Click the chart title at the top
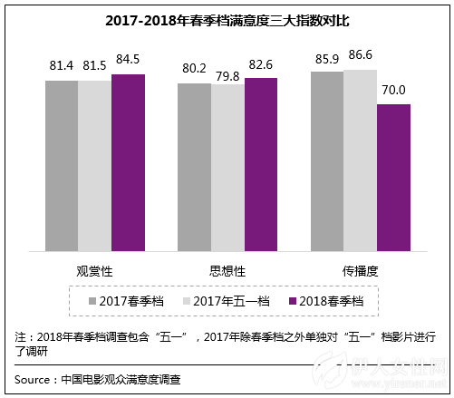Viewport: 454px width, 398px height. coord(226,19)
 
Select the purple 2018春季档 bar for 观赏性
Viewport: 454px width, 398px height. coord(128,162)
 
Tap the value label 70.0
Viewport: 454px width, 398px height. coord(393,92)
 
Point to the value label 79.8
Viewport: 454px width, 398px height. coord(227,72)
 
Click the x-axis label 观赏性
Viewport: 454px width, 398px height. coord(94,270)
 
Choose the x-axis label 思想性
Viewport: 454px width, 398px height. coord(227,270)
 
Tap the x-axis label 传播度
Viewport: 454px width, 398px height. coord(360,270)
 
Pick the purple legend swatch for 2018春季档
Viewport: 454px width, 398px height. coord(293,300)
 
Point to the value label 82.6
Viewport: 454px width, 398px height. coord(261,65)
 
